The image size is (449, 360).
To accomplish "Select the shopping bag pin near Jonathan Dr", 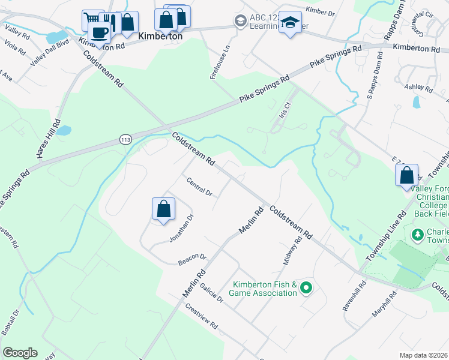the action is pyautogui.click(x=163, y=210).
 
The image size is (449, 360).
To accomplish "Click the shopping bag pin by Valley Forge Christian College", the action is pyautogui.click(x=407, y=176).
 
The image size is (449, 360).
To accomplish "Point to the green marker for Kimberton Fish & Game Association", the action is pyautogui.click(x=306, y=289).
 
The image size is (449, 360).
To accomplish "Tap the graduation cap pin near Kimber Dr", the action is pyautogui.click(x=291, y=23).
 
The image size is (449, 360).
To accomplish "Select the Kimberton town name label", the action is pyautogui.click(x=160, y=36).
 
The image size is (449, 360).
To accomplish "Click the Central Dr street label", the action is pyautogui.click(x=199, y=187).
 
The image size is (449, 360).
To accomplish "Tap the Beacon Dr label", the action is pyautogui.click(x=192, y=259).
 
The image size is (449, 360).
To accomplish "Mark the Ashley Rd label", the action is pyautogui.click(x=418, y=88).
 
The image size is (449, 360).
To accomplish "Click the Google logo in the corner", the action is pyautogui.click(x=20, y=353).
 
